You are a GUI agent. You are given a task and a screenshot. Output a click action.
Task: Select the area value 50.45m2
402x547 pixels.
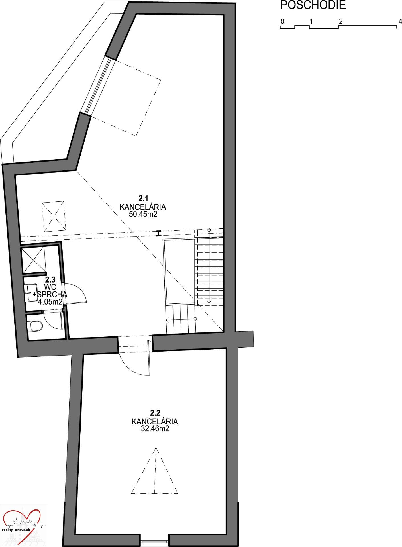click(143, 214)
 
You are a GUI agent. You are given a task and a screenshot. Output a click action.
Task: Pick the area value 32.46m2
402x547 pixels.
click(155, 428)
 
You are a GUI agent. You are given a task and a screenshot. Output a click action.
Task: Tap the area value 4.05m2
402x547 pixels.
click(50, 302)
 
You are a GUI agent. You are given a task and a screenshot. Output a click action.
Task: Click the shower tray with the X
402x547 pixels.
click(33, 260)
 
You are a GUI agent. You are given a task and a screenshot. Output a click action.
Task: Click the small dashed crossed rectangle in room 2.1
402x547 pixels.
click(53, 217)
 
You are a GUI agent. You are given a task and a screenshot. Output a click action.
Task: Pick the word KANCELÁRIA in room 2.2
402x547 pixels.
click(155, 421)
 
